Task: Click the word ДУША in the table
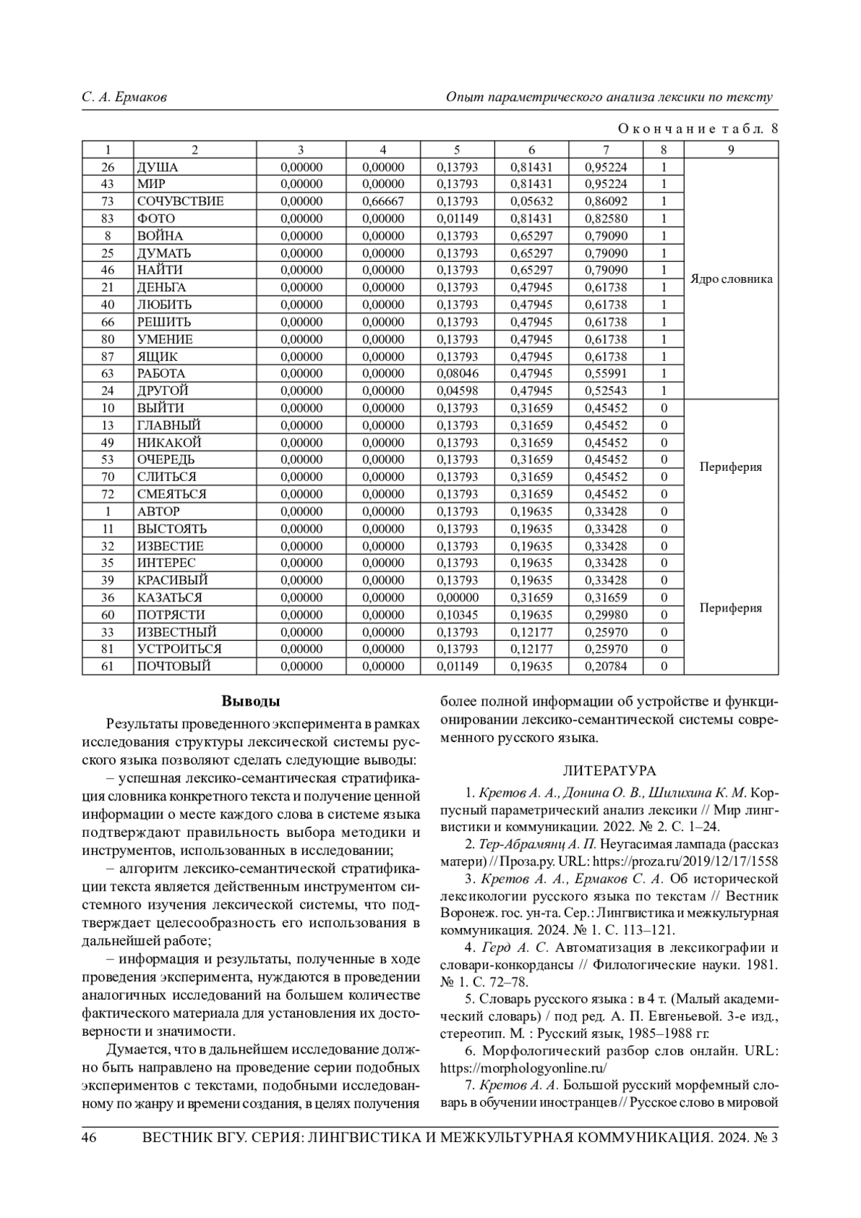158,167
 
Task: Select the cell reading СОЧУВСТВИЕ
181,202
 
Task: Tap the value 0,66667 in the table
383,202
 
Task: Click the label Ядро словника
731,279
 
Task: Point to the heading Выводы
250,701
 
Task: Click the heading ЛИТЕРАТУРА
609,771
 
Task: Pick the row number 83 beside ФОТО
108,219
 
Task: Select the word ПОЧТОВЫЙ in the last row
174,667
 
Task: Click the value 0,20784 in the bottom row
606,667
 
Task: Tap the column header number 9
730,150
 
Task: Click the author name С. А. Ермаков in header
124,97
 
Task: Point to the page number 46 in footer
90,1138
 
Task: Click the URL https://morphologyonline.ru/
523,1067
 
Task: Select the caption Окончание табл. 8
697,129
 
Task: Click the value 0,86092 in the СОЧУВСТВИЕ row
606,202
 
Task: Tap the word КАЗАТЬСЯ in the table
170,598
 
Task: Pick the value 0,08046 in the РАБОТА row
457,374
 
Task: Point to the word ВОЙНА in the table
160,236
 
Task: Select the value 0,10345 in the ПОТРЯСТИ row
457,615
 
